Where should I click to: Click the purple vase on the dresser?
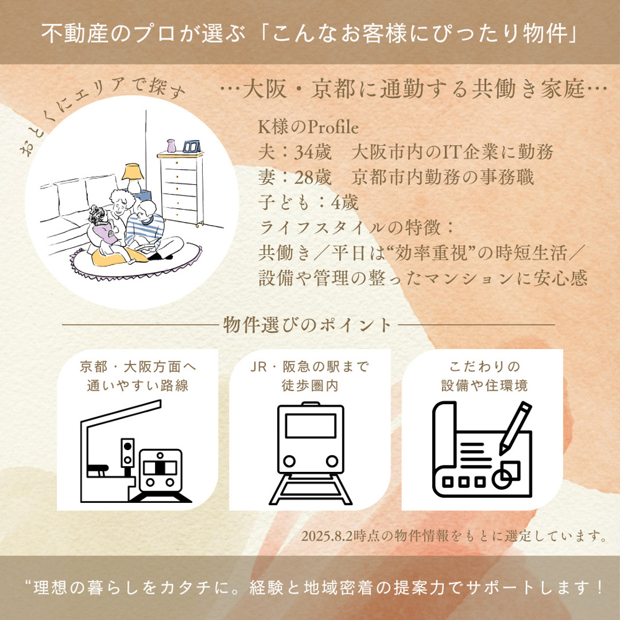tap(170, 146)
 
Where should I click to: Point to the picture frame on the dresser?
tap(190, 146)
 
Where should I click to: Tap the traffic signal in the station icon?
tap(128, 453)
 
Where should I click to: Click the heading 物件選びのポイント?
tap(308, 325)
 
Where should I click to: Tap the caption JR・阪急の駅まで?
tap(309, 367)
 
